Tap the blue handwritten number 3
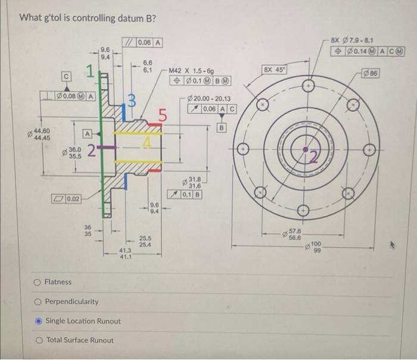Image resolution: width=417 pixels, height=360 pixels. click(134, 103)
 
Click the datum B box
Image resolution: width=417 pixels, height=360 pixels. click(222, 127)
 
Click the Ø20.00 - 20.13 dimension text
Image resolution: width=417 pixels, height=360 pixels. click(208, 99)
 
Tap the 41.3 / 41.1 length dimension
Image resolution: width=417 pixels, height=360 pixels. click(125, 254)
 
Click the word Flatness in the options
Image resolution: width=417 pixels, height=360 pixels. click(58, 282)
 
